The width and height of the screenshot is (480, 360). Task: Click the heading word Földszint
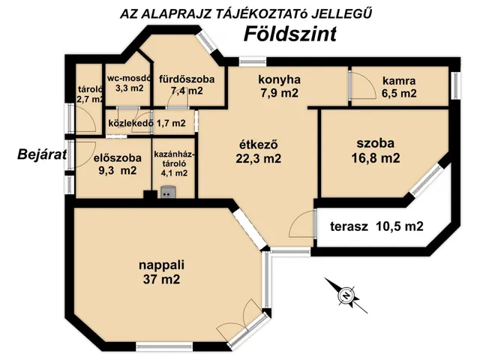[289, 34]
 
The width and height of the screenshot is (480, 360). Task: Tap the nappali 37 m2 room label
[161, 272]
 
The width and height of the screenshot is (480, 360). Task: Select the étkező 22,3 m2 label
[259, 151]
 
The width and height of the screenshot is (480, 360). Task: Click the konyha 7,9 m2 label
[278, 85]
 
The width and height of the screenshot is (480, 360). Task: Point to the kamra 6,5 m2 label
[398, 87]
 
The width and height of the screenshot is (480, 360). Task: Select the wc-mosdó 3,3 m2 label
[129, 82]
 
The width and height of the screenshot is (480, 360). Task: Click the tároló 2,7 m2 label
[89, 92]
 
